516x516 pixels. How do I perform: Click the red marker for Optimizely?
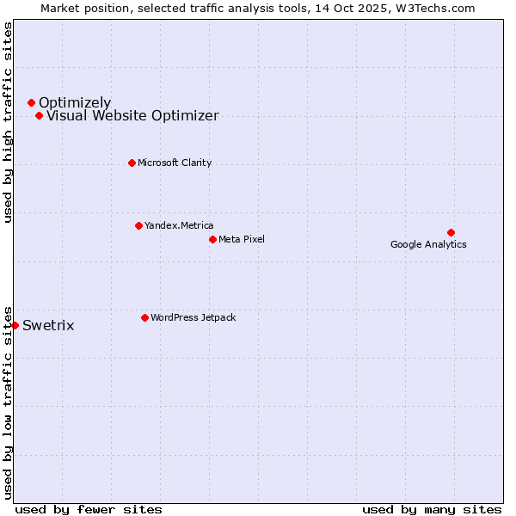point(31,103)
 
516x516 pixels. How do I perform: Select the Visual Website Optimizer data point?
point(39,115)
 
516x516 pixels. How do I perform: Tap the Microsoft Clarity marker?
point(132,163)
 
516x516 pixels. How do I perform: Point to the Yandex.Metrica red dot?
point(138,225)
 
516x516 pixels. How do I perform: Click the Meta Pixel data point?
point(212,239)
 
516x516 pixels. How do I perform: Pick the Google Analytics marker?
point(451,232)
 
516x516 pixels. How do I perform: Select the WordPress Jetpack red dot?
point(144,317)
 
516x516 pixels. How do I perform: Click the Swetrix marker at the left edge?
point(15,325)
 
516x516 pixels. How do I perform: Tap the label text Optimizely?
point(75,103)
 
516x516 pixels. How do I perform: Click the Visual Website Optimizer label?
point(132,116)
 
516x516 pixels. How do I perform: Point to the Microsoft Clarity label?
point(175,163)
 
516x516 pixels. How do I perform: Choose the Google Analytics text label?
point(428,244)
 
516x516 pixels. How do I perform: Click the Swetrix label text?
point(48,326)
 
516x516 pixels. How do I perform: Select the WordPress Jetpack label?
point(193,317)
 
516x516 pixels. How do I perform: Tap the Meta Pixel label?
point(242,239)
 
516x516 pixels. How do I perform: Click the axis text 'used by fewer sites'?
point(89,509)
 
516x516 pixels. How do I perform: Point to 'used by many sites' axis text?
point(432,509)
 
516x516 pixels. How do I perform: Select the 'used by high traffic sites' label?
point(8,122)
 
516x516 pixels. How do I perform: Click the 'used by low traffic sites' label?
point(8,402)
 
